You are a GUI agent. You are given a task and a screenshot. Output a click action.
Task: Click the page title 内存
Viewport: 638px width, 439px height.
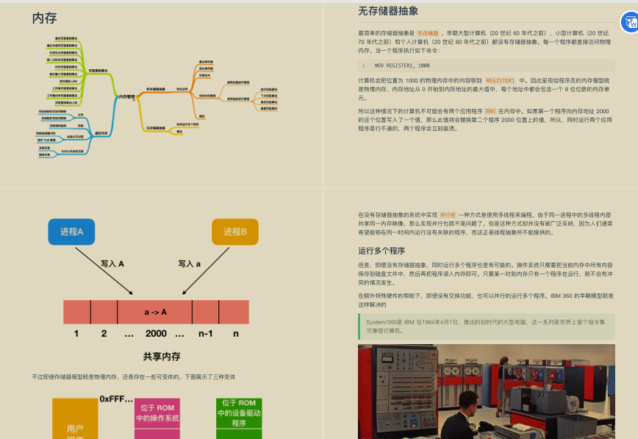(44, 18)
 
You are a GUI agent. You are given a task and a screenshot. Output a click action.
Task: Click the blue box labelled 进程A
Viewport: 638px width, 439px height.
(71, 232)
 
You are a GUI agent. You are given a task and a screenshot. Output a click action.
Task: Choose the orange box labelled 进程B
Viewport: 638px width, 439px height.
(235, 232)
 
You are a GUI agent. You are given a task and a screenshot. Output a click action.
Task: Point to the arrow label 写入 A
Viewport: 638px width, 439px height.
(112, 263)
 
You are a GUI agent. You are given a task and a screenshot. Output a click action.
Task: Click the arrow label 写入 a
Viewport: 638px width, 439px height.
(189, 263)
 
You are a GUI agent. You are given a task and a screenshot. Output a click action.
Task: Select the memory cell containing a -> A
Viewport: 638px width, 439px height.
(155, 312)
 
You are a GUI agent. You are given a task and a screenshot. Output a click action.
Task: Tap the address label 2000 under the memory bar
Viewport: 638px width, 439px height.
(156, 334)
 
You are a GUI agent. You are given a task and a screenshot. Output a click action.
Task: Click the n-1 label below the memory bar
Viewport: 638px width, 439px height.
(205, 334)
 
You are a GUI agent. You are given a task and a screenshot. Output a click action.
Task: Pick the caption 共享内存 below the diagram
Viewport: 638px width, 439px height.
(162, 357)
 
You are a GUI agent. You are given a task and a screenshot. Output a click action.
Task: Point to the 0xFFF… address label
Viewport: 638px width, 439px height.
(116, 399)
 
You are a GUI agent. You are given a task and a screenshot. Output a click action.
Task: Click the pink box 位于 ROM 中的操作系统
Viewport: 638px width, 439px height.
(157, 413)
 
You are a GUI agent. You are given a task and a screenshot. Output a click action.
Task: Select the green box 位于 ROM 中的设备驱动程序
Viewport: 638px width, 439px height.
(239, 413)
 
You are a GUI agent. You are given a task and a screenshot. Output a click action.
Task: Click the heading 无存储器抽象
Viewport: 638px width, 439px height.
(388, 11)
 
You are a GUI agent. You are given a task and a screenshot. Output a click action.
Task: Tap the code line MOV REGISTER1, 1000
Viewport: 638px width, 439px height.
(402, 65)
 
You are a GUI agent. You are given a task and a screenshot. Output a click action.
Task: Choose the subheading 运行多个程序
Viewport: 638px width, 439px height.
(381, 251)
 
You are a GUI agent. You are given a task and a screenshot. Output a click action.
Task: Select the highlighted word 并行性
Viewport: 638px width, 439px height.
(448, 214)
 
